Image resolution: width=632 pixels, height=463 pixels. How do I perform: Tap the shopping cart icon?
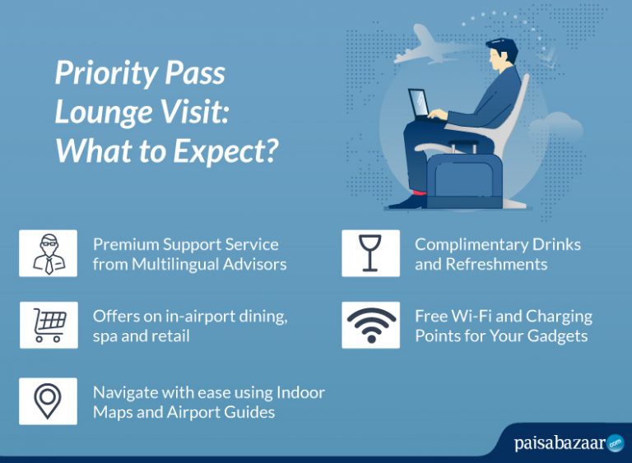[49, 325]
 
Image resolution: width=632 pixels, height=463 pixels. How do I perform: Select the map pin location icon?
[49, 400]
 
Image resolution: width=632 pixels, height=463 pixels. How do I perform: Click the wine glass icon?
[370, 253]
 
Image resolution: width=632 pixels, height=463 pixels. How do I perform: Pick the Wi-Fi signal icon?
[370, 325]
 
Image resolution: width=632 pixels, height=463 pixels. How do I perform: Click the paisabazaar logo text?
[560, 444]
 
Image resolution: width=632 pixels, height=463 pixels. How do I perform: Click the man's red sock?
[419, 195]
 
